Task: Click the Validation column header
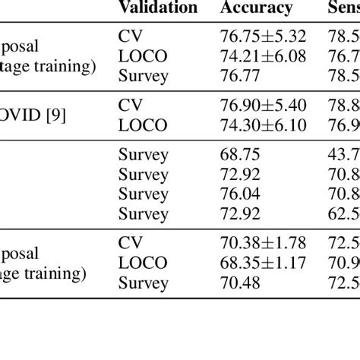tap(157, 8)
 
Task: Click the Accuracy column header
tap(256, 8)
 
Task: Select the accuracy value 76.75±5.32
tap(263, 36)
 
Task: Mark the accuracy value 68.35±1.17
tap(263, 263)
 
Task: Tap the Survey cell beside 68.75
tap(142, 154)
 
